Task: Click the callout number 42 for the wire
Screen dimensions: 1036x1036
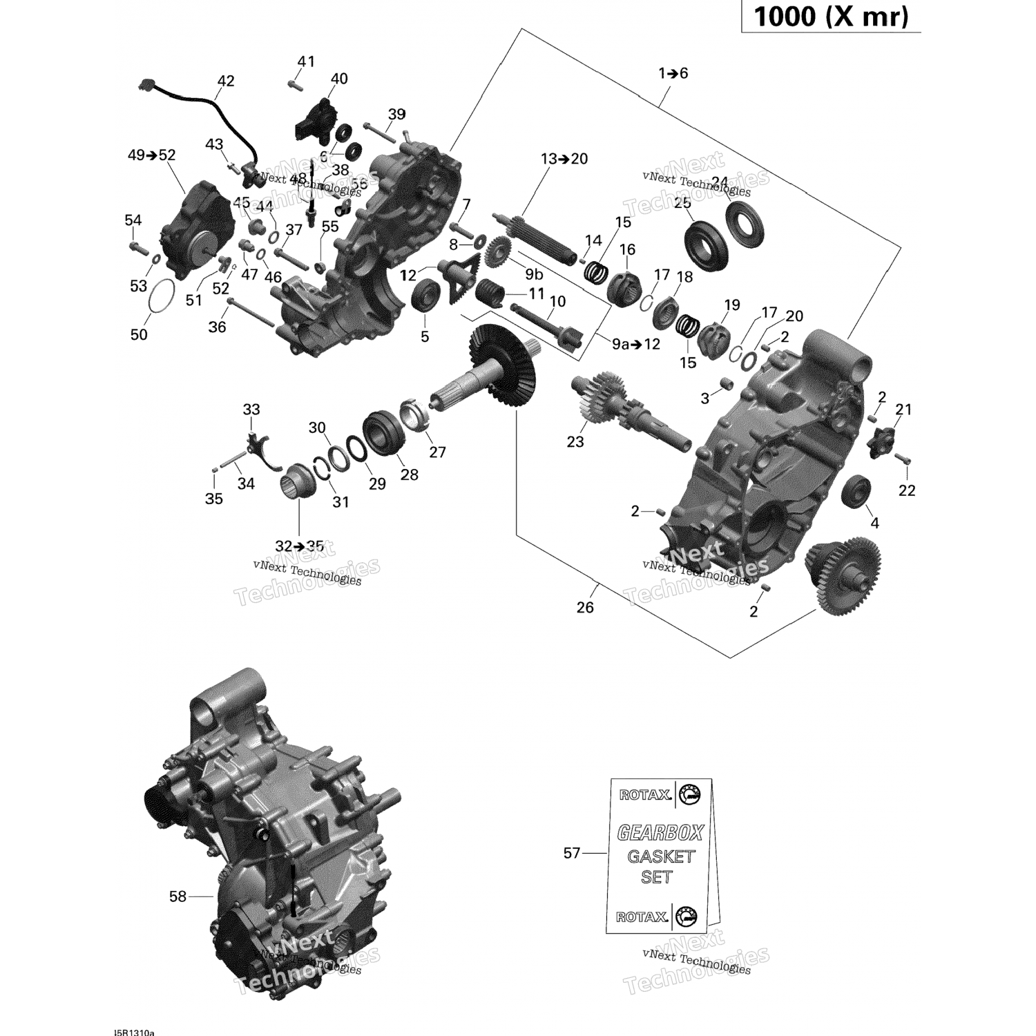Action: pos(226,81)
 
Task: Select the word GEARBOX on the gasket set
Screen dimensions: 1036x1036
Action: pos(660,833)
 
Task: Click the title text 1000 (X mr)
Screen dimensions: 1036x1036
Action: pos(830,17)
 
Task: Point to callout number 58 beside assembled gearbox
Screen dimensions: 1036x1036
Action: pos(178,896)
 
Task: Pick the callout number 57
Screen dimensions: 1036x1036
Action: pos(572,853)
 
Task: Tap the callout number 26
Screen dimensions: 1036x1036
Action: pos(585,607)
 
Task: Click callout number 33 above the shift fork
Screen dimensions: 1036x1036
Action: pos(251,410)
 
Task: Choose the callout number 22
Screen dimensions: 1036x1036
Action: pos(907,490)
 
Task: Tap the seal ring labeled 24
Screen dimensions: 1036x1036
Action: pos(746,223)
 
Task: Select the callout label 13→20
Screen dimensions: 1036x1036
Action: pos(564,159)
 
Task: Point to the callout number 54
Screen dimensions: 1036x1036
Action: pos(133,220)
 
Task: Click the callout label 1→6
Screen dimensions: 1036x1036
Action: pos(673,73)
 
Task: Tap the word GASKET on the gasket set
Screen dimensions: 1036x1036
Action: pos(660,856)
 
